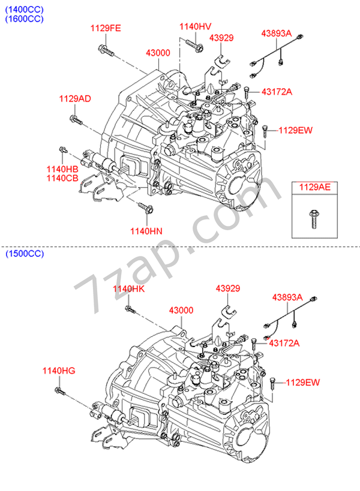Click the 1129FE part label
(106, 29)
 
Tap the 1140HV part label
(196, 26)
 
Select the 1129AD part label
(75, 99)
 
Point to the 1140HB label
(62, 170)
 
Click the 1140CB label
(62, 179)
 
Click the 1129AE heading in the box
(315, 188)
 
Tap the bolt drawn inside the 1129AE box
(314, 218)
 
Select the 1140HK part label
(129, 290)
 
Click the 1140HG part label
(59, 370)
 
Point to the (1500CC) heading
(25, 254)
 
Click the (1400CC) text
(25, 8)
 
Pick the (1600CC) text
(25, 19)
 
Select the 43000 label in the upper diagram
(158, 53)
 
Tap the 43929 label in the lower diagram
(228, 289)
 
